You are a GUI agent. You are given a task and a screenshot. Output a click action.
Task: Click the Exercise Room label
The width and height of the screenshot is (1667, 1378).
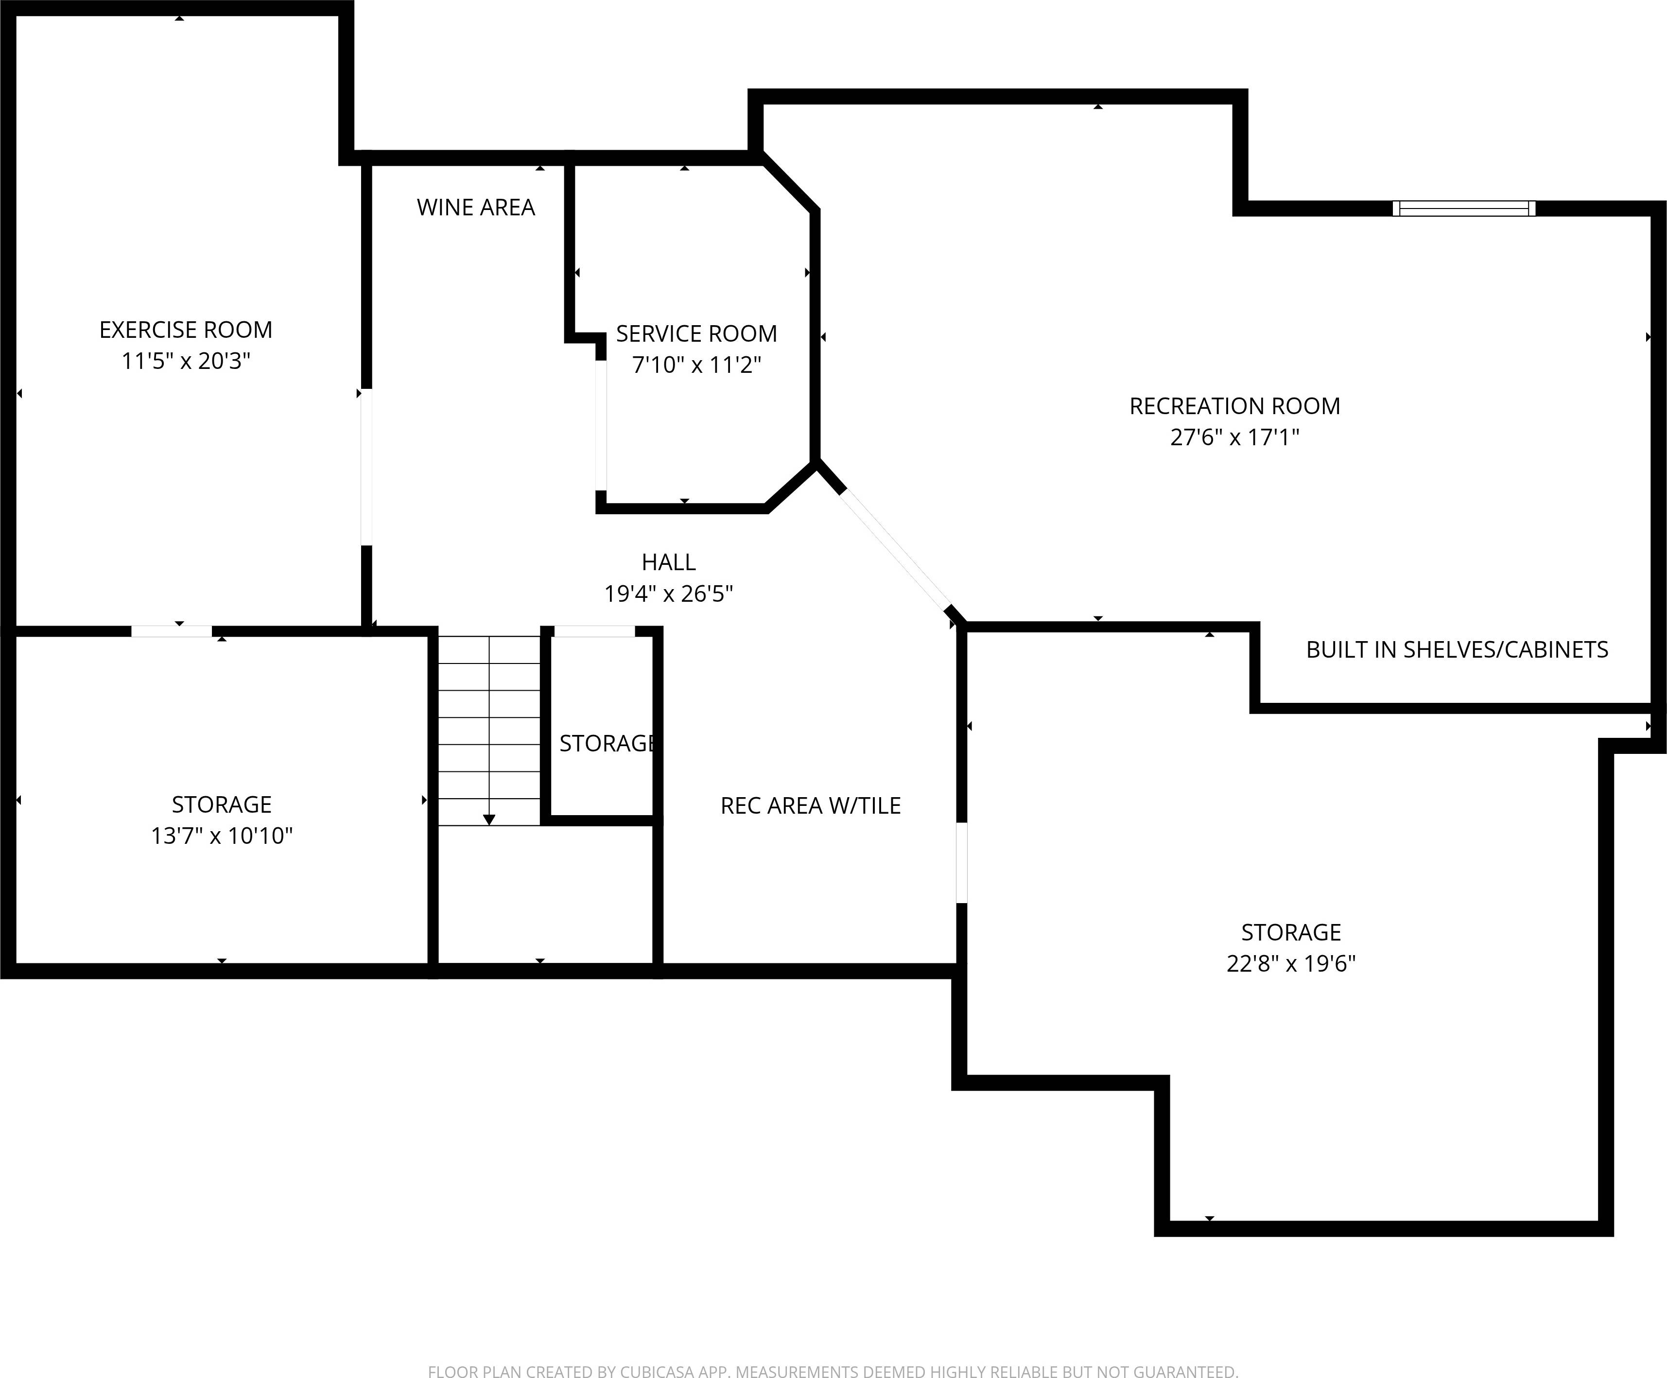pos(186,330)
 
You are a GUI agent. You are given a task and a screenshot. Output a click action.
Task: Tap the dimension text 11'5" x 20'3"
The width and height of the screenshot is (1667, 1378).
pos(186,361)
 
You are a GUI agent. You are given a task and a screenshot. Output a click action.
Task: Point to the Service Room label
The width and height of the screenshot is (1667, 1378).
pos(696,333)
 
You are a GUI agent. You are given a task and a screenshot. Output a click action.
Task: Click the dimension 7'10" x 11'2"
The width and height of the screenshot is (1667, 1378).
pos(696,365)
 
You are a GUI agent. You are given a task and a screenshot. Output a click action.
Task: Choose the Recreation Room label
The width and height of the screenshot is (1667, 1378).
pos(1234,406)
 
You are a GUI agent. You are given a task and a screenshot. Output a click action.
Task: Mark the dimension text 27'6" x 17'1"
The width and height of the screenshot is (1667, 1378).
pos(1234,437)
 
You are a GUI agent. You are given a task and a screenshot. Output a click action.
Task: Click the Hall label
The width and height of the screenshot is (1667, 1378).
pos(668,562)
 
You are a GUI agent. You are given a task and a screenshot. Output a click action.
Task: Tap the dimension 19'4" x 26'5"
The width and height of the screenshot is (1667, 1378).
pos(668,594)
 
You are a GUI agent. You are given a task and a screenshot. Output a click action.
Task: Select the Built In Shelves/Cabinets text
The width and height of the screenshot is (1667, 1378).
pos(1457,650)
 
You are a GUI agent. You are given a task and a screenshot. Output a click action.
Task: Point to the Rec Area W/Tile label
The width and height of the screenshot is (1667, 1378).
pos(811,806)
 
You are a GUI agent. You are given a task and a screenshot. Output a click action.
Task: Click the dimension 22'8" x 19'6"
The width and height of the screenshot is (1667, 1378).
pos(1291,964)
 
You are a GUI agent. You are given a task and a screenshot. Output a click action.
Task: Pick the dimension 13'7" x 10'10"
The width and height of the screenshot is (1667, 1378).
pos(222,836)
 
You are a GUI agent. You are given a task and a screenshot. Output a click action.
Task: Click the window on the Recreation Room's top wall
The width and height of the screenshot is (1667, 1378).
pos(1464,209)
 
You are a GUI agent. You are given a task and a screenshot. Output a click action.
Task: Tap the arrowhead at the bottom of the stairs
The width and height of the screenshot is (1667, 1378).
pos(489,819)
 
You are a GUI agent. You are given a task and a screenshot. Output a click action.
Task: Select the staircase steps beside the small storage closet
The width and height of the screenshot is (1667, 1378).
pos(489,730)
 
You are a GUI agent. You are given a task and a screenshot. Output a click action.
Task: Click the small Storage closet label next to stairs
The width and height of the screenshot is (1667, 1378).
pos(607,744)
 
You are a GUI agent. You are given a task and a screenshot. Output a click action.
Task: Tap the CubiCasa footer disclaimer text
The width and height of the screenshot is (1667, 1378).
pos(833,1370)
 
